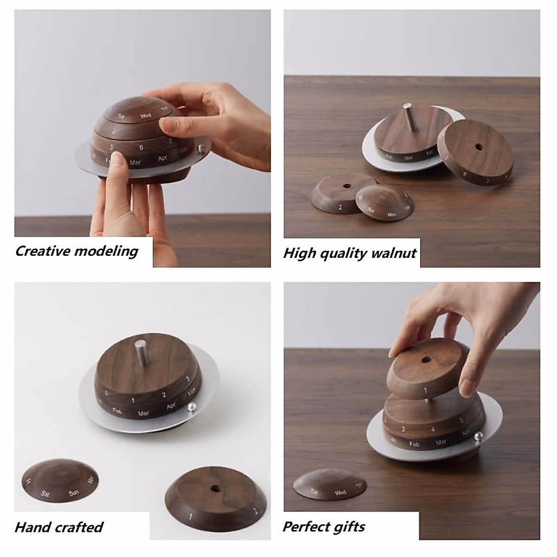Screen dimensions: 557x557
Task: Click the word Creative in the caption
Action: pyautogui.click(x=43, y=251)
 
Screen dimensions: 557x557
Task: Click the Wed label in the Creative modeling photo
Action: pyautogui.click(x=145, y=116)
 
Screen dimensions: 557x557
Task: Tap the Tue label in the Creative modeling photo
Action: pyautogui.click(x=121, y=116)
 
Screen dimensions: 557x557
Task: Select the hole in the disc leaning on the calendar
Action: pyautogui.click(x=478, y=147)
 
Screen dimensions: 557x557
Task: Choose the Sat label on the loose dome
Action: pyautogui.click(x=45, y=494)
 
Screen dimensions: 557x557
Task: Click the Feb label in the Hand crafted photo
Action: pyautogui.click(x=117, y=410)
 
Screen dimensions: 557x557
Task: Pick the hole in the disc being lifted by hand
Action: pyautogui.click(x=425, y=360)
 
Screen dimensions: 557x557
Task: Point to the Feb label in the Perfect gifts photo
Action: pyautogui.click(x=414, y=444)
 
